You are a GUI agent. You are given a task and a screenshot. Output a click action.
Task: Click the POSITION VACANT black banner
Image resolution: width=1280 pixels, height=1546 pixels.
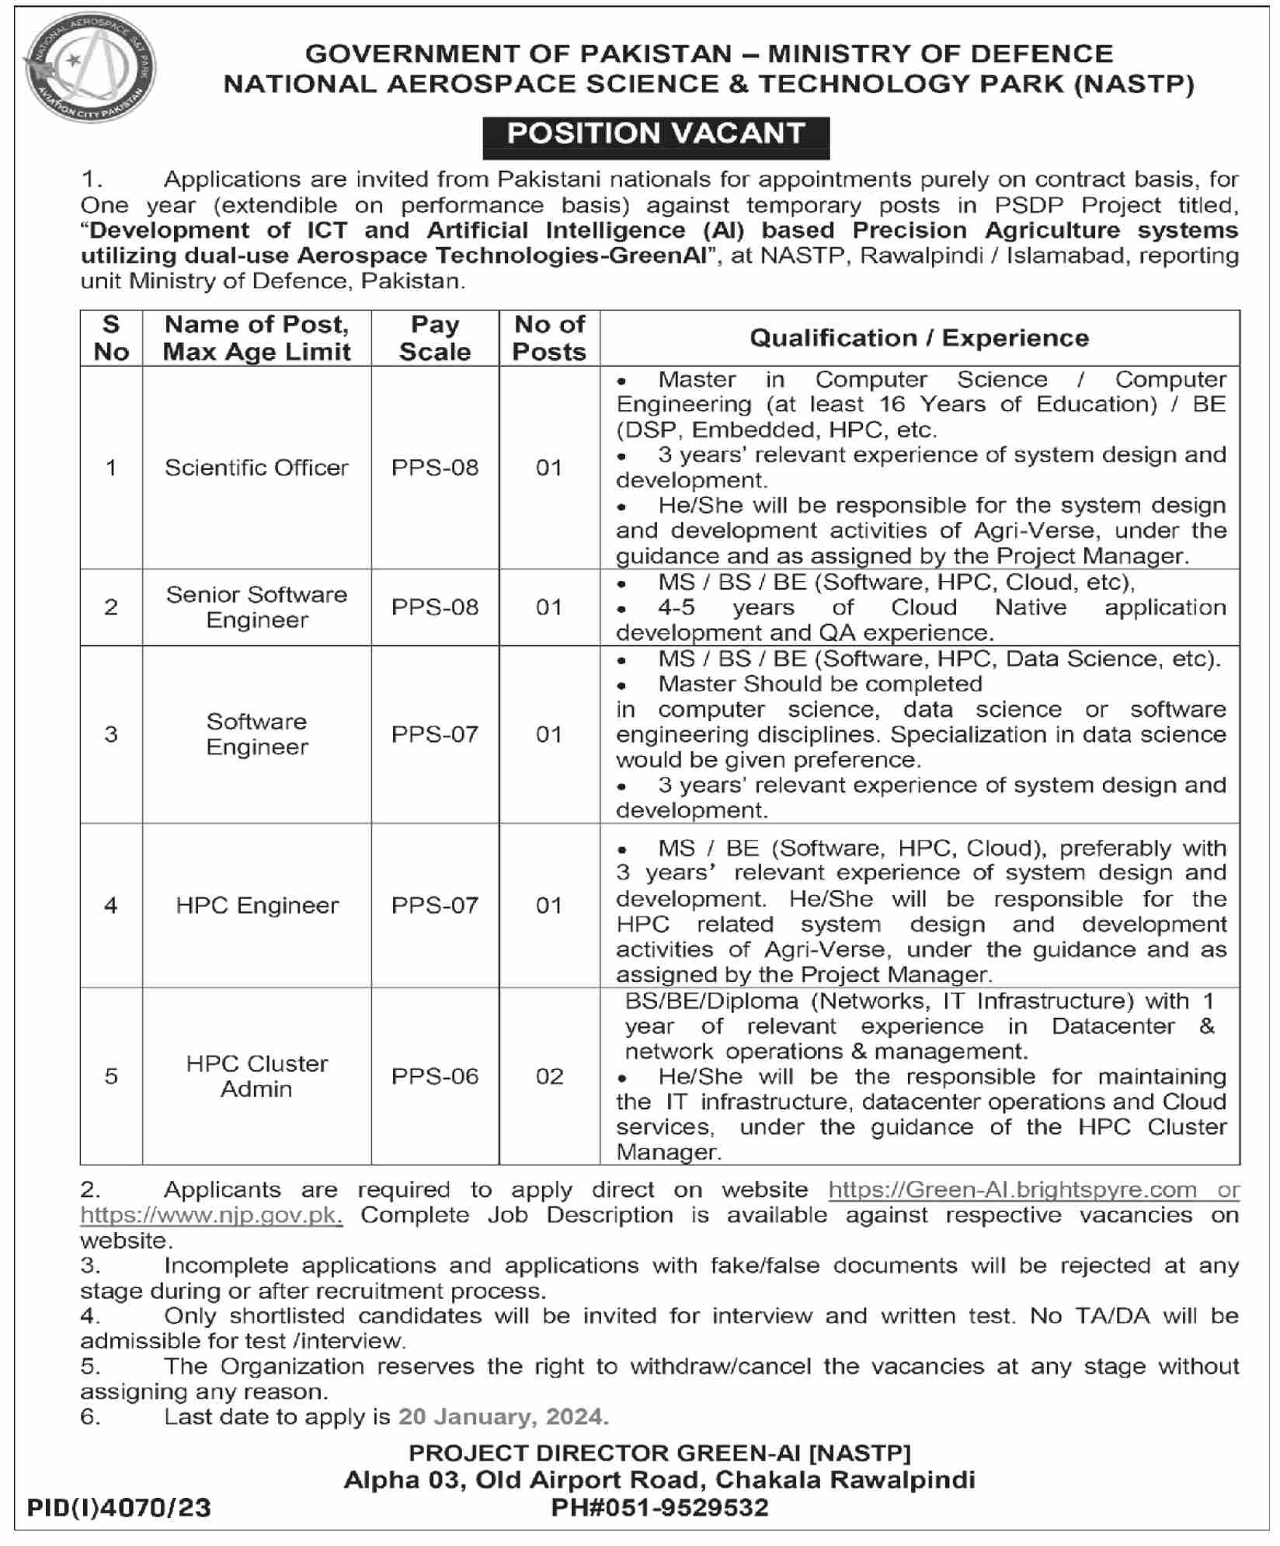656,134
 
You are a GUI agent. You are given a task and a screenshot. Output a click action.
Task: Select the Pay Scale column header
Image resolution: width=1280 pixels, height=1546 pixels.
434,338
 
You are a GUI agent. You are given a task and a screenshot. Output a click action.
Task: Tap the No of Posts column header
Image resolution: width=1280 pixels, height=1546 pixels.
549,338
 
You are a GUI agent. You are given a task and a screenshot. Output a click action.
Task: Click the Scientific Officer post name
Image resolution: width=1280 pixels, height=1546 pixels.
256,468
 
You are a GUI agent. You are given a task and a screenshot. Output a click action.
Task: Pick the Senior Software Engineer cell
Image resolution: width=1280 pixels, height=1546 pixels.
256,607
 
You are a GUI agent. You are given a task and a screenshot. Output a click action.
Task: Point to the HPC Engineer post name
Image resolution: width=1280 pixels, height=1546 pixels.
257,905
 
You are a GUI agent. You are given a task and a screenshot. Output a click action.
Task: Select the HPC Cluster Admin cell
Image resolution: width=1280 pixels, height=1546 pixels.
256,1076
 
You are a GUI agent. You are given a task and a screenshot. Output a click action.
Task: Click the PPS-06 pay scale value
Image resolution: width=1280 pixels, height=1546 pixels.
434,1076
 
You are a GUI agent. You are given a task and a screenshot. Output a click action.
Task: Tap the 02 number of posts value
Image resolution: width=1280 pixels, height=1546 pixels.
549,1076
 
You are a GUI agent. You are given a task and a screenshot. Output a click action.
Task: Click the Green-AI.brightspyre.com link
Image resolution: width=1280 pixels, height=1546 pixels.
1012,1189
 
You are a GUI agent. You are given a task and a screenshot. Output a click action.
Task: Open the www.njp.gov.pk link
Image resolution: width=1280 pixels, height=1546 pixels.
211,1215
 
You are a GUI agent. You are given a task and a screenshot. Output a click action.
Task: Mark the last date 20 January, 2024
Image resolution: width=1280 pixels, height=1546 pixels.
503,1417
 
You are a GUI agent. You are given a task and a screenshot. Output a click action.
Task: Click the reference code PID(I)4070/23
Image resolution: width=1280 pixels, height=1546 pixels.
119,1508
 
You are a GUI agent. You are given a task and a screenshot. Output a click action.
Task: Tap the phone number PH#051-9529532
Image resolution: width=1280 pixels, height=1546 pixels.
659,1508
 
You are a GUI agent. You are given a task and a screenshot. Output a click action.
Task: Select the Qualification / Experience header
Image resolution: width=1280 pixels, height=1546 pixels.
919,338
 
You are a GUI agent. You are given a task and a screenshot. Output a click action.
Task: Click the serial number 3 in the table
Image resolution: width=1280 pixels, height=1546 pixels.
111,734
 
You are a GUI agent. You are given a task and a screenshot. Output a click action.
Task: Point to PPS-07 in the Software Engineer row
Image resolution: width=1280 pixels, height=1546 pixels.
434,734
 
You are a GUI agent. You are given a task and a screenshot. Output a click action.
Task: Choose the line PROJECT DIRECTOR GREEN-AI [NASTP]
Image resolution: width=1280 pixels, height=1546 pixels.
659,1453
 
